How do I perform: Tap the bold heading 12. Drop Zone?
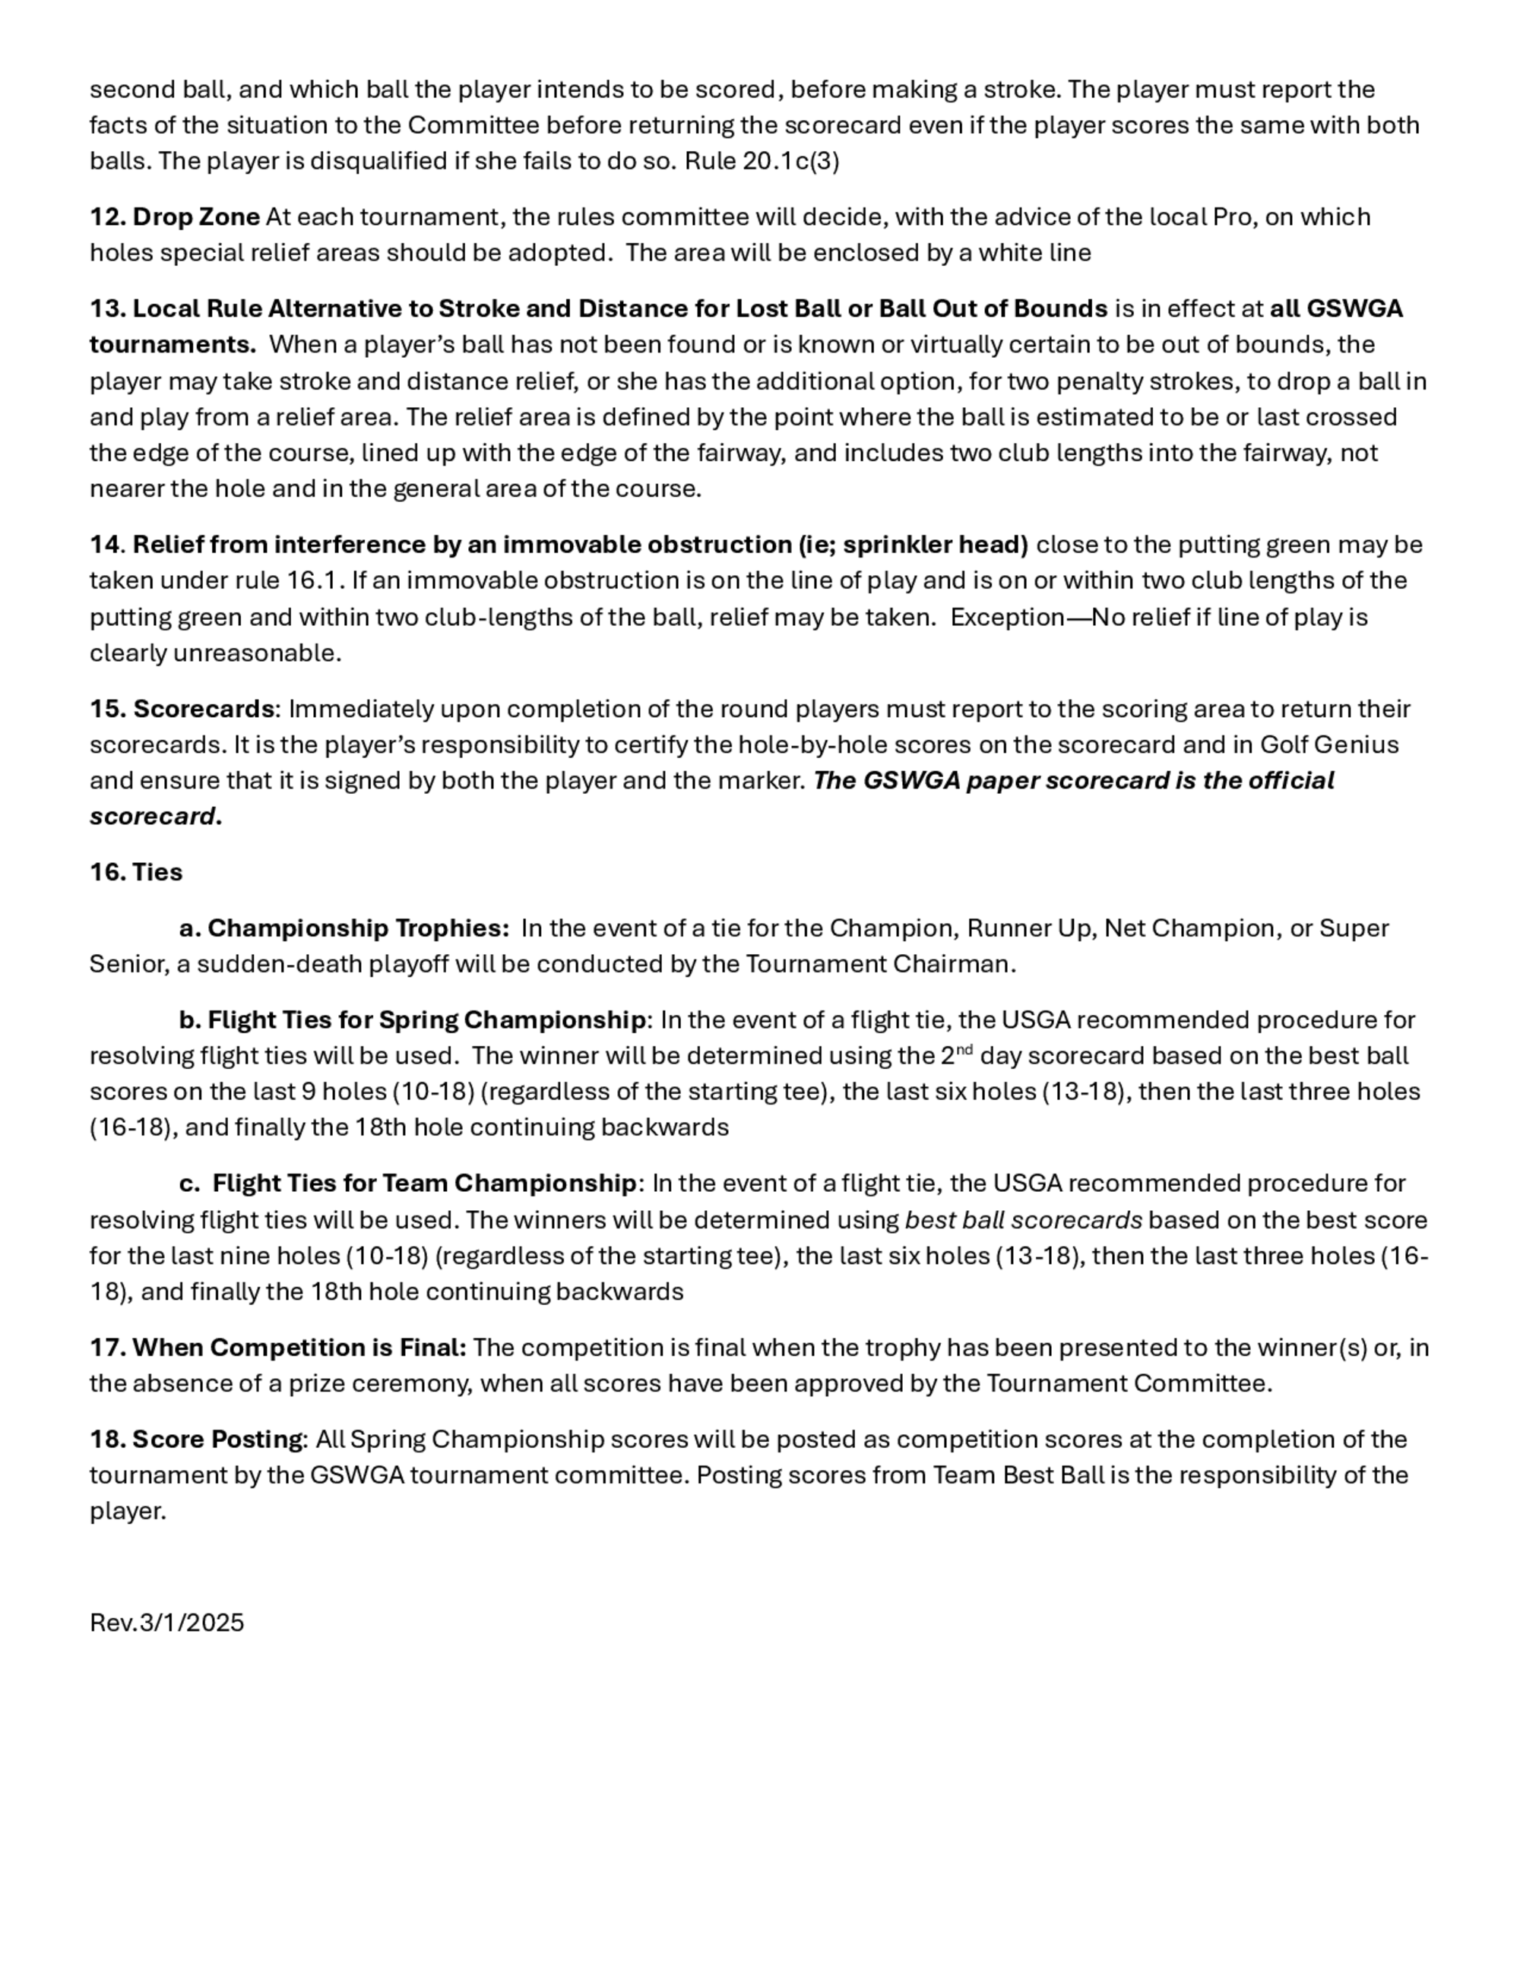(x=175, y=217)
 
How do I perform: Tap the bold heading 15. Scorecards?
(x=182, y=710)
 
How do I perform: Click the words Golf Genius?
(x=1329, y=745)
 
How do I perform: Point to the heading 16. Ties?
(x=136, y=872)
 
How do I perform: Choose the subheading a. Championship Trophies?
(x=344, y=928)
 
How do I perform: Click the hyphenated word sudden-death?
(x=269, y=965)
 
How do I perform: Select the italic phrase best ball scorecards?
(x=1023, y=1221)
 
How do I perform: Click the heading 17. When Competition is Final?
(x=277, y=1348)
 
